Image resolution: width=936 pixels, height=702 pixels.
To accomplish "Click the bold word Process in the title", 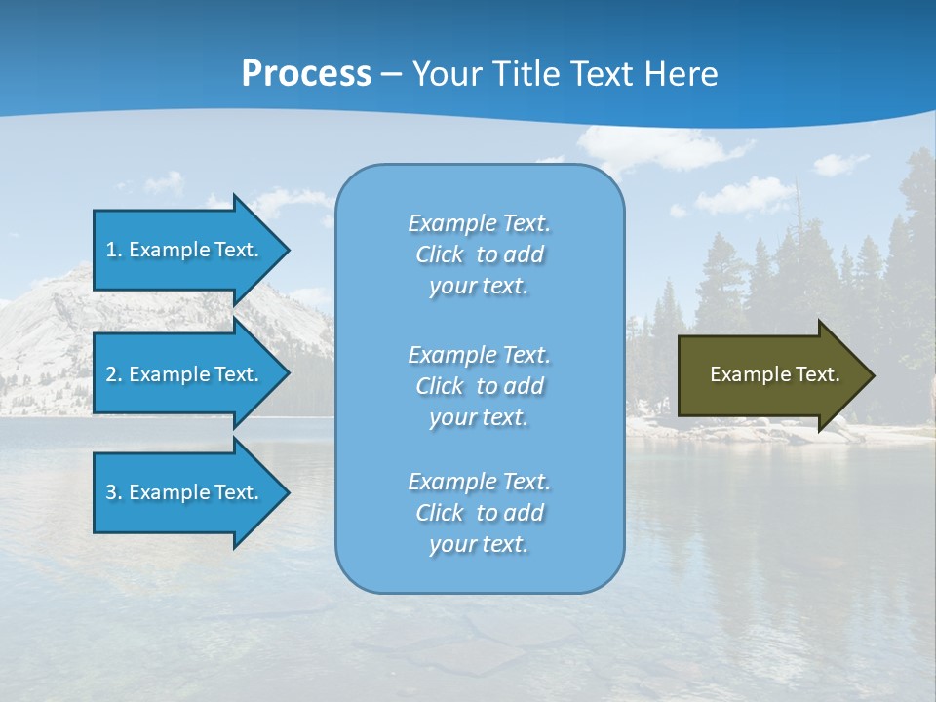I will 306,74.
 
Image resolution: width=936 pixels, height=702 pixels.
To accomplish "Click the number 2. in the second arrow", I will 114,374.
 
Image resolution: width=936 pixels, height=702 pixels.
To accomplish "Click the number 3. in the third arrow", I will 114,492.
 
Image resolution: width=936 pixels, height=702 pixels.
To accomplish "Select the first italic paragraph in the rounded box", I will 479,254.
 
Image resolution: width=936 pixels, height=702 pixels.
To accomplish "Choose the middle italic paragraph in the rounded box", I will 479,386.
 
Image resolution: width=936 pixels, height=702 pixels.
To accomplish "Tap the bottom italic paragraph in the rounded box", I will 479,513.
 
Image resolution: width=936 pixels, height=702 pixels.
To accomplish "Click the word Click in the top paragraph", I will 439,254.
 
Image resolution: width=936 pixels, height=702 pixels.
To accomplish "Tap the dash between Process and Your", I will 391,74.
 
